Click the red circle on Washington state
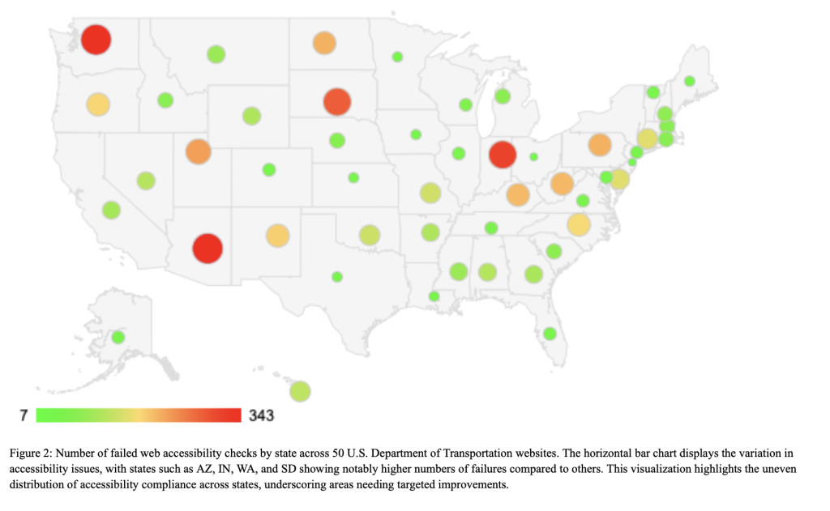click(x=96, y=39)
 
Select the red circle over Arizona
click(x=207, y=248)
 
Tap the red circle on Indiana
click(x=503, y=154)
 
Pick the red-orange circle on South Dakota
click(x=336, y=102)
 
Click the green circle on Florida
click(x=550, y=333)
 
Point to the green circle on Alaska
click(x=118, y=337)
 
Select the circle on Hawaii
click(x=300, y=391)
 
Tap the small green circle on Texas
click(x=337, y=277)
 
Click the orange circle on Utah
click(x=198, y=151)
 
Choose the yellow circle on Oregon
click(x=98, y=104)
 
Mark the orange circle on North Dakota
click(x=324, y=43)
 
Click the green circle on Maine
click(x=689, y=81)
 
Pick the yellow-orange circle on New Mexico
click(x=277, y=236)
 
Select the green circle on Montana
click(x=216, y=54)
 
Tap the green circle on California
click(x=111, y=210)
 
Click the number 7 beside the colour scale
click(x=24, y=415)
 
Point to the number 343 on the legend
click(x=260, y=415)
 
